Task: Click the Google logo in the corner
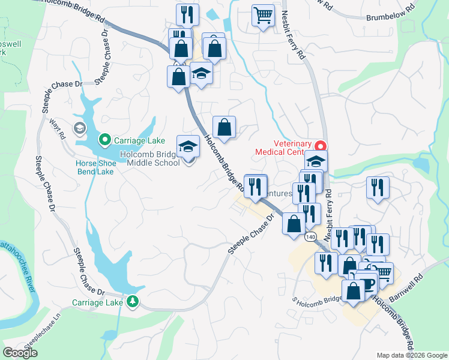point(20,353)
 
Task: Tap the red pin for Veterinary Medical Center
point(321,145)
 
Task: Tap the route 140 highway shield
point(310,237)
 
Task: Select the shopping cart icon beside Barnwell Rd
point(382,273)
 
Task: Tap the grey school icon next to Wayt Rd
point(79,128)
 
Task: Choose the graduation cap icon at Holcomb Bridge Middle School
point(188,146)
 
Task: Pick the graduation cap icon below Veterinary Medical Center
point(316,161)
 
